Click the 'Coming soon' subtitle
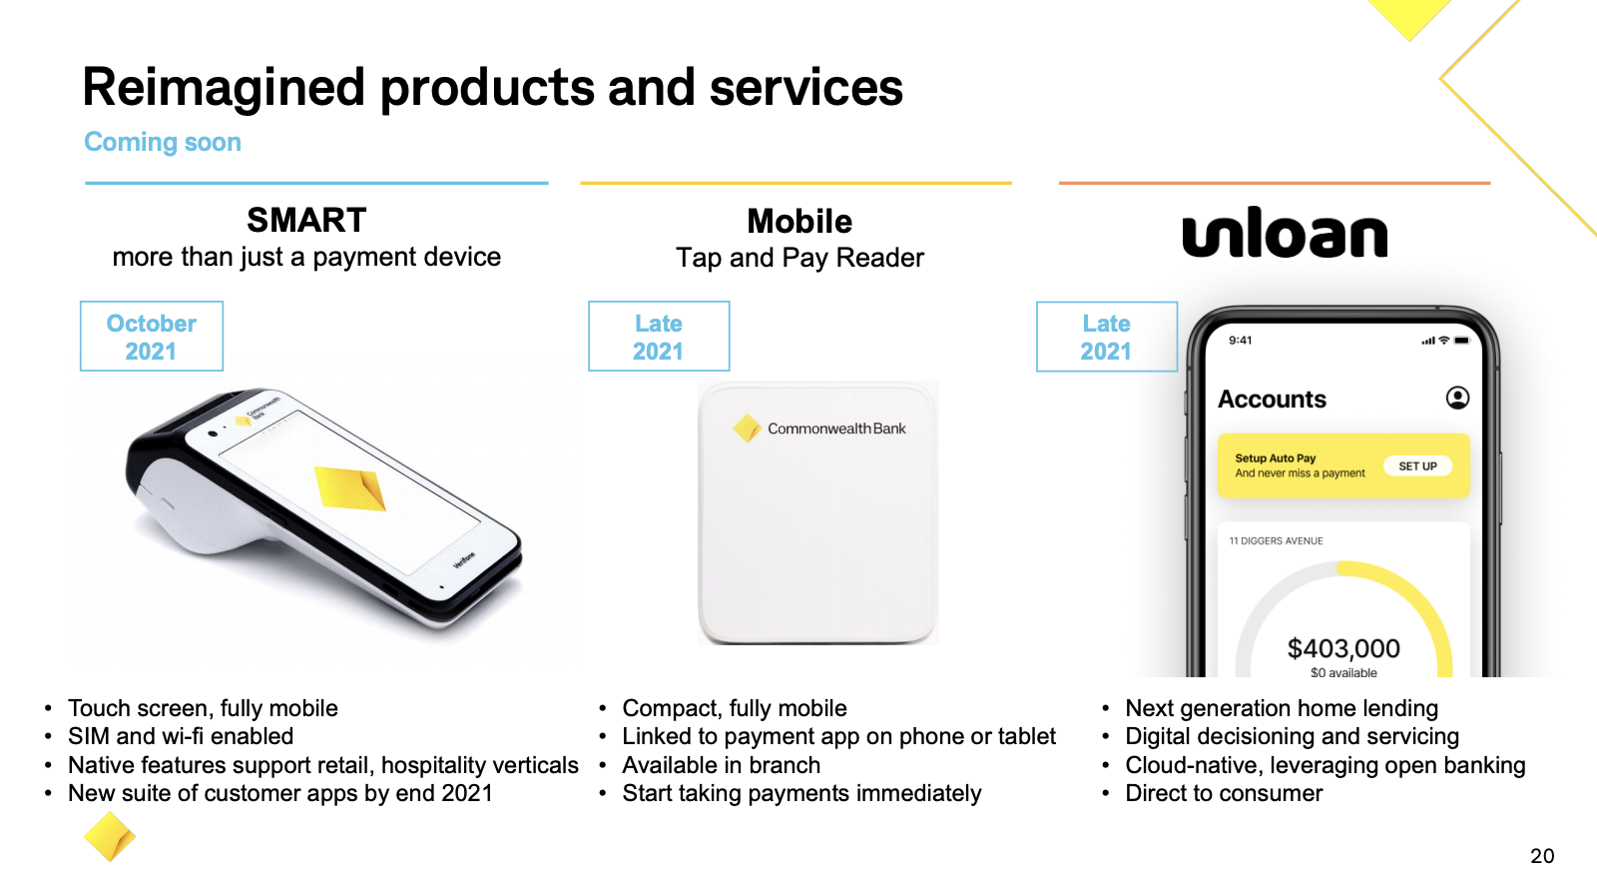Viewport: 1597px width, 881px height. pos(163,142)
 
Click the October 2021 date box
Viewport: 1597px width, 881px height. pos(151,336)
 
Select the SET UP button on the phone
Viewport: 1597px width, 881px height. pos(1417,465)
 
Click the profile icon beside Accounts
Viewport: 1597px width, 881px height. pos(1457,398)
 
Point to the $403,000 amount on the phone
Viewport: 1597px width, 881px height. pos(1343,648)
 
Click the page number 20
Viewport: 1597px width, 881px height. pos(1542,855)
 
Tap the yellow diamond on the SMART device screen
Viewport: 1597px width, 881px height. pos(350,487)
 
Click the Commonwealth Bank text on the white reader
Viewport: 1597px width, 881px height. pos(836,429)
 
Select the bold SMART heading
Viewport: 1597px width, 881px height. pos(306,220)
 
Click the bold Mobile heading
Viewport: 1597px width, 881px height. pos(799,221)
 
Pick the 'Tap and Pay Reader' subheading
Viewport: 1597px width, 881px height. pos(799,258)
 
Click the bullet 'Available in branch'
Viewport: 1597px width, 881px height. pos(721,765)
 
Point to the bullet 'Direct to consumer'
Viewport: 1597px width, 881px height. pos(1224,793)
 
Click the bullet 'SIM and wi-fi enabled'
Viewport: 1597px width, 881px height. pos(181,736)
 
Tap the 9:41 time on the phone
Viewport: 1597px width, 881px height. pos(1240,341)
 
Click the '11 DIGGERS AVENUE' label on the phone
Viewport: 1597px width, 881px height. pos(1276,540)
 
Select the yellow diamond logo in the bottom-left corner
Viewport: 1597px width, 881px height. pos(109,836)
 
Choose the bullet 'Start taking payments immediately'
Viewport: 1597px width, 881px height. pos(801,793)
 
